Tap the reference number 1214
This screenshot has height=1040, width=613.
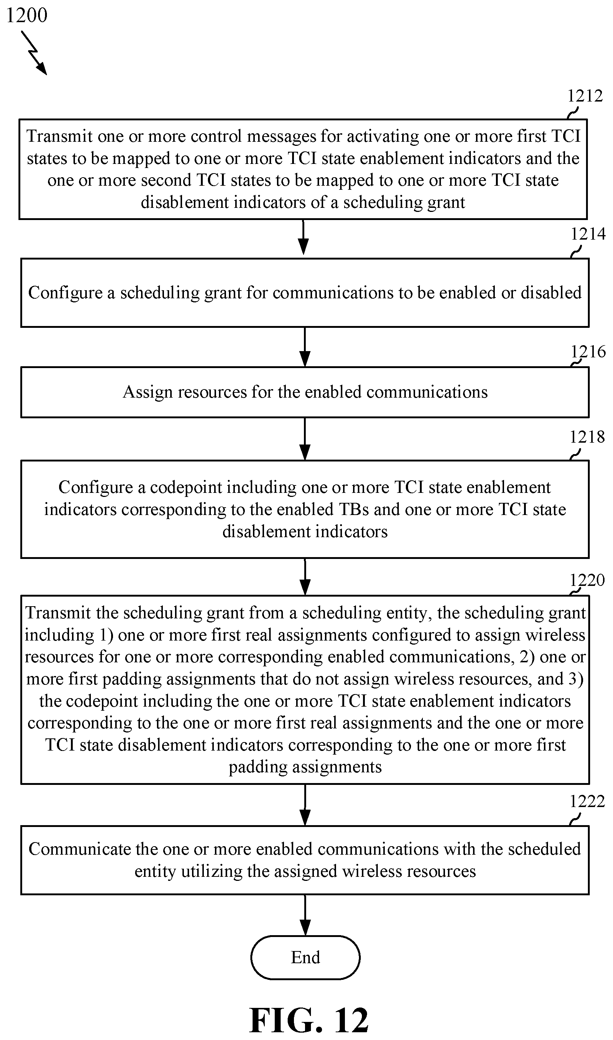588,234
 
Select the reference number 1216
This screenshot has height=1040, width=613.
588,352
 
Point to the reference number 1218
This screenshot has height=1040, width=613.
587,437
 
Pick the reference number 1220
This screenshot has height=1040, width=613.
587,580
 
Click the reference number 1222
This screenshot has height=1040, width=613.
587,802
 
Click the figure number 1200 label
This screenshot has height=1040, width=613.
27,15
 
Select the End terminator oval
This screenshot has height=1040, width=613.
305,957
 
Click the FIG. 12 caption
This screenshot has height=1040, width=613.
309,1020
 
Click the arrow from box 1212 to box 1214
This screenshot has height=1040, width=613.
303,237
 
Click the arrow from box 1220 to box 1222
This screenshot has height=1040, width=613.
305,805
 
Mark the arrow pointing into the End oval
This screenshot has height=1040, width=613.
305,915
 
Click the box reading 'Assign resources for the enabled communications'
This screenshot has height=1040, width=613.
305,392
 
